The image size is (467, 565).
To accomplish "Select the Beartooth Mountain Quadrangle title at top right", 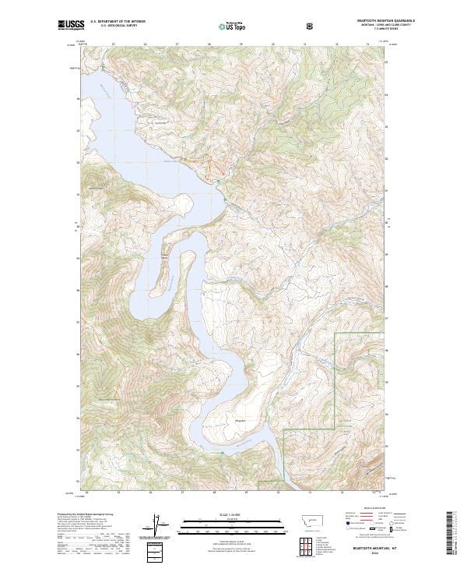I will (384, 20).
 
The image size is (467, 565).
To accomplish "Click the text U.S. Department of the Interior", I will (118, 22).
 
